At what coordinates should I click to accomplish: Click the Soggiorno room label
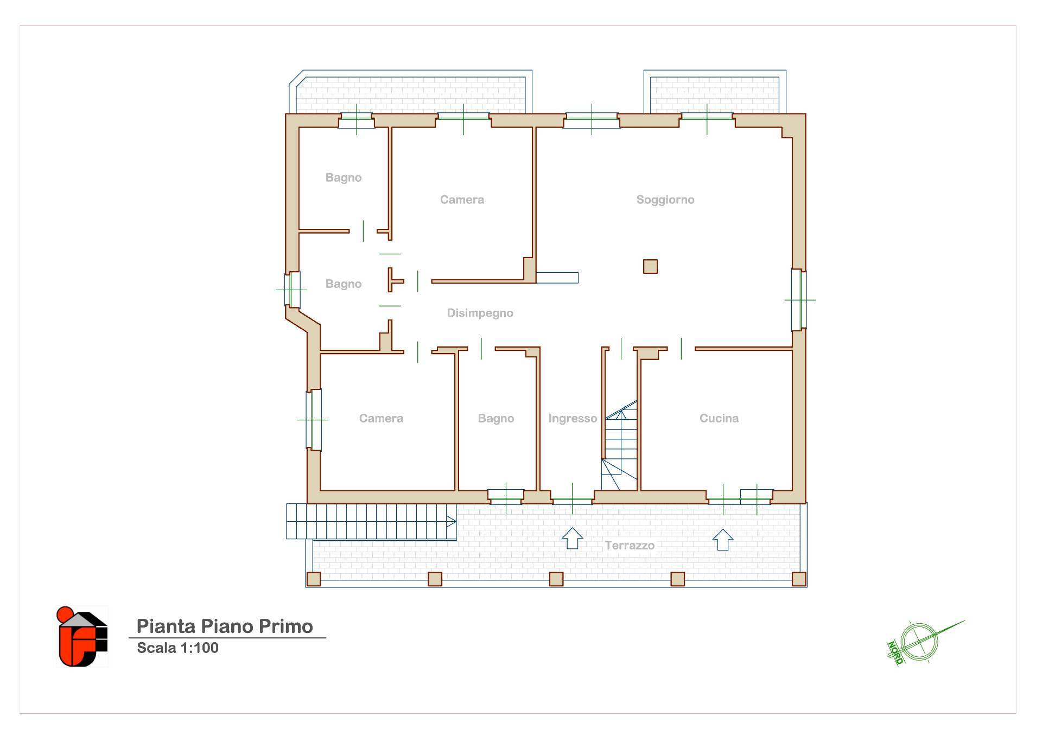pos(665,200)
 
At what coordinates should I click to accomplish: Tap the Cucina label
pos(719,418)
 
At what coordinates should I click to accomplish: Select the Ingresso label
pos(573,418)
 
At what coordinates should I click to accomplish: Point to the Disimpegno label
pos(480,313)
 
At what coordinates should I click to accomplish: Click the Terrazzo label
pos(630,546)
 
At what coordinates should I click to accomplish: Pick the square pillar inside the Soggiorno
pos(650,266)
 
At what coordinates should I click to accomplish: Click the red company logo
pos(82,637)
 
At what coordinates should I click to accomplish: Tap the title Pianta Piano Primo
pos(225,626)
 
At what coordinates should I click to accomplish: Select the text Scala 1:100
pos(177,648)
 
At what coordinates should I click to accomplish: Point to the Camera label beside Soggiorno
pos(462,200)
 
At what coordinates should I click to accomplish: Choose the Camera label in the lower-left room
pos(381,418)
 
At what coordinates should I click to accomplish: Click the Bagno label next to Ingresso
pos(496,418)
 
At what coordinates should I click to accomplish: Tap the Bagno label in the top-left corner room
pos(344,177)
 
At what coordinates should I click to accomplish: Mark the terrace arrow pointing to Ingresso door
pos(572,539)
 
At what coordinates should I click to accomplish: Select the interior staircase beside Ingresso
pos(620,445)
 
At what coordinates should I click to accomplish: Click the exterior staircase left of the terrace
pos(371,521)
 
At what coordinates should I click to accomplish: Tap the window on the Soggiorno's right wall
pos(799,299)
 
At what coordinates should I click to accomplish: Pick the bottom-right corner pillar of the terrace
pos(799,579)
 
